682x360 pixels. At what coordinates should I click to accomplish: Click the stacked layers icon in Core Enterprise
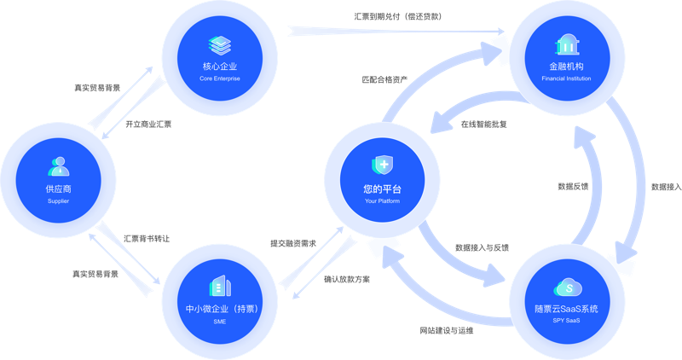tap(220, 45)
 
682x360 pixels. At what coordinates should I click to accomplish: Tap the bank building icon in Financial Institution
tap(567, 44)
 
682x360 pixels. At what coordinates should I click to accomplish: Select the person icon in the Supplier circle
tap(59, 166)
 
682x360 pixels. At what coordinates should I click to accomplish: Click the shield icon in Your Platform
tap(382, 165)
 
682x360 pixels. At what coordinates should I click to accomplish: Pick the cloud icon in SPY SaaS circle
tap(568, 287)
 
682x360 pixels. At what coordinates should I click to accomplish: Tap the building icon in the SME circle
tap(220, 286)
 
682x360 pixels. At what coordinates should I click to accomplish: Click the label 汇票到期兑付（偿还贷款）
tap(397, 16)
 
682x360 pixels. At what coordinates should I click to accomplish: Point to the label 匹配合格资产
tap(384, 79)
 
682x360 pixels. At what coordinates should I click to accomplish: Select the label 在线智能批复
tap(483, 125)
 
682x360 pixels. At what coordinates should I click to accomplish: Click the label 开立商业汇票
tap(148, 125)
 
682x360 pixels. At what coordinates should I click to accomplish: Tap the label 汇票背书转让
tap(147, 239)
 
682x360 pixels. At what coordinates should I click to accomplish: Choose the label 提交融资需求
tap(293, 244)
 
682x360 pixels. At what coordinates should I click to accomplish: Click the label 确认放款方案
tap(347, 280)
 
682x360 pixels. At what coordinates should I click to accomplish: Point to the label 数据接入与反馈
tap(482, 247)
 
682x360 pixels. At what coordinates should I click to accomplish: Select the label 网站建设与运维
tap(446, 331)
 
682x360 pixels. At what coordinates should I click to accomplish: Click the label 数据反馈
tap(573, 187)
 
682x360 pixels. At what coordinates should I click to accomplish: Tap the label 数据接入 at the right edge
tap(667, 187)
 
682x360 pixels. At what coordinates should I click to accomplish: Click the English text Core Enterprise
tap(220, 78)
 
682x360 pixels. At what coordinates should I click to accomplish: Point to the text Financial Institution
tap(566, 78)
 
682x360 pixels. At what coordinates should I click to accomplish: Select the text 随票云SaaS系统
tap(566, 309)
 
